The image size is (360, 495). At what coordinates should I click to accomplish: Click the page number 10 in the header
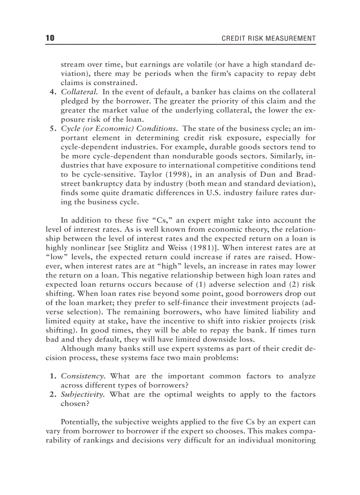pyautogui.click(x=50, y=38)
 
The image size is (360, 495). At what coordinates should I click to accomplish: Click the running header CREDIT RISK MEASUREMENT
pyautogui.click(x=268, y=39)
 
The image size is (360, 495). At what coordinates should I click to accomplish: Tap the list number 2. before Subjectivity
pyautogui.click(x=51, y=394)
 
